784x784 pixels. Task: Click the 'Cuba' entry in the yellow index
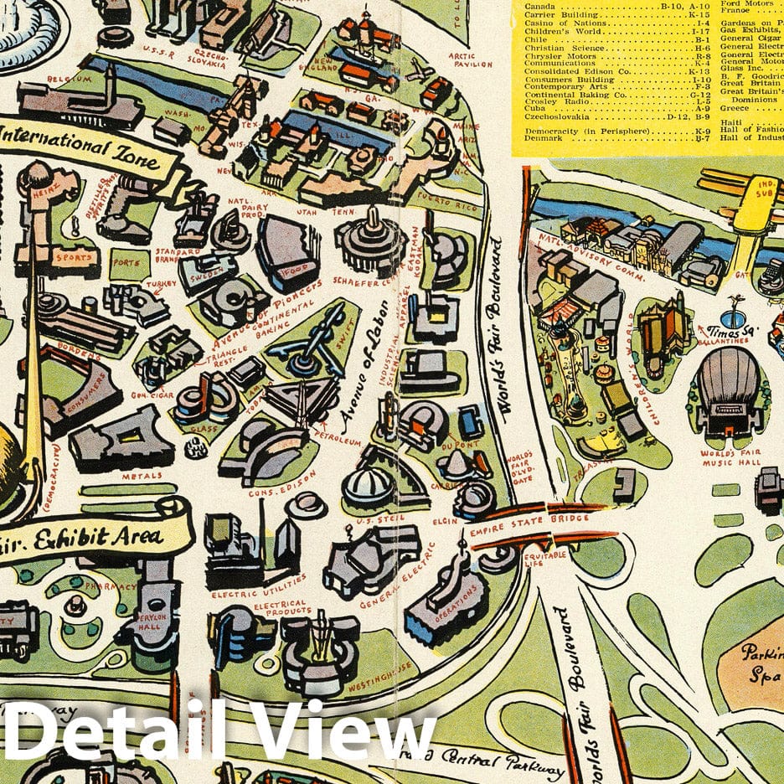536,108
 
